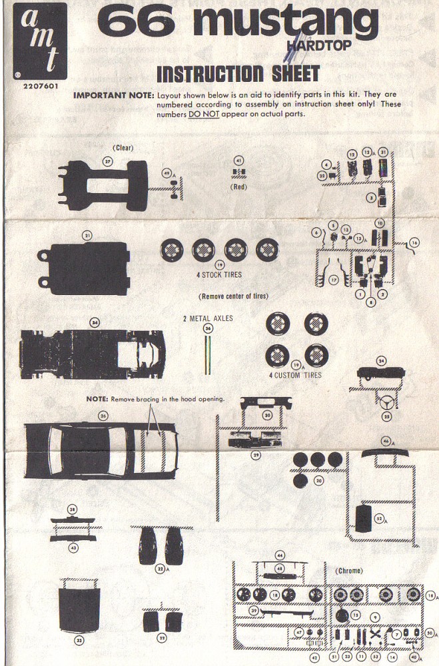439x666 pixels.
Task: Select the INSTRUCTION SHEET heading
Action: click(x=238, y=74)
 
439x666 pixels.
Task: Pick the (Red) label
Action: click(x=239, y=187)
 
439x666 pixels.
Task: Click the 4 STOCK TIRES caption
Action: click(x=219, y=274)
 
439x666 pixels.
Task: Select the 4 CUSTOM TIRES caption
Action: click(x=295, y=376)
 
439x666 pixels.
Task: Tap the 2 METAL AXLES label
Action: click(x=208, y=319)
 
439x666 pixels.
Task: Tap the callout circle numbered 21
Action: click(x=87, y=234)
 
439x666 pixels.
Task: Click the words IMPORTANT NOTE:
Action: click(x=113, y=95)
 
